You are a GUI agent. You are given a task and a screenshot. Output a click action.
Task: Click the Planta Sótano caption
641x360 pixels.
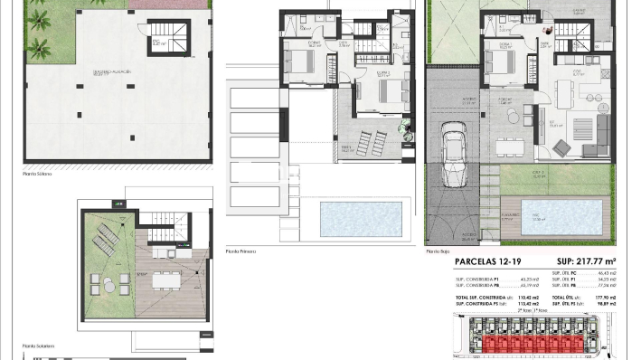tap(39, 173)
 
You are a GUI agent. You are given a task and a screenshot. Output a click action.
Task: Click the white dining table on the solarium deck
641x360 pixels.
tap(164, 280)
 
